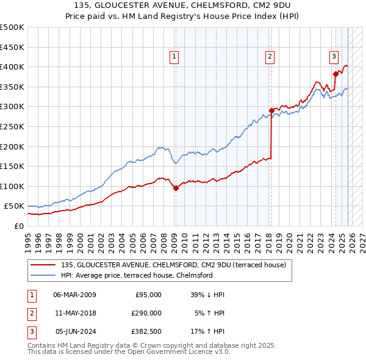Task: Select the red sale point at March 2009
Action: click(176, 188)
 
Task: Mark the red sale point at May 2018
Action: click(271, 110)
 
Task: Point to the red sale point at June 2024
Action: click(335, 74)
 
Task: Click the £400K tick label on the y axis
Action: click(12, 67)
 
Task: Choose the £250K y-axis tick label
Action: click(12, 126)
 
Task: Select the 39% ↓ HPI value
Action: click(207, 295)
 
